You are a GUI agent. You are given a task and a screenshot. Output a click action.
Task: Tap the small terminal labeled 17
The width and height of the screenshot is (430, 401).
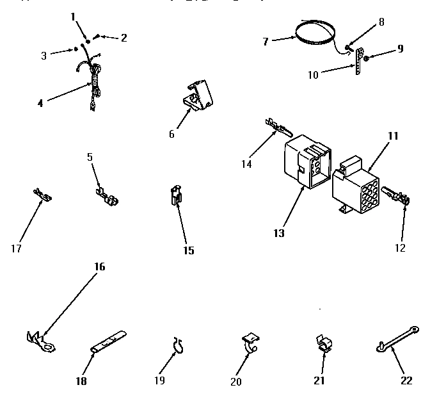coord(42,193)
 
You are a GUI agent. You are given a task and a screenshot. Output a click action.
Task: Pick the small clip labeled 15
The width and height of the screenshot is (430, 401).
coord(175,195)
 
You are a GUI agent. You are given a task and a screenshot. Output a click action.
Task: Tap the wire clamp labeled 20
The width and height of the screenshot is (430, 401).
coord(250,342)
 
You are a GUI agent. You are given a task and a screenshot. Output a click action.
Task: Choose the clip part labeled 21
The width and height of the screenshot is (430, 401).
coord(323,344)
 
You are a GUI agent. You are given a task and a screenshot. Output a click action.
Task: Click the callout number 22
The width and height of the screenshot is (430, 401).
coord(406,381)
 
